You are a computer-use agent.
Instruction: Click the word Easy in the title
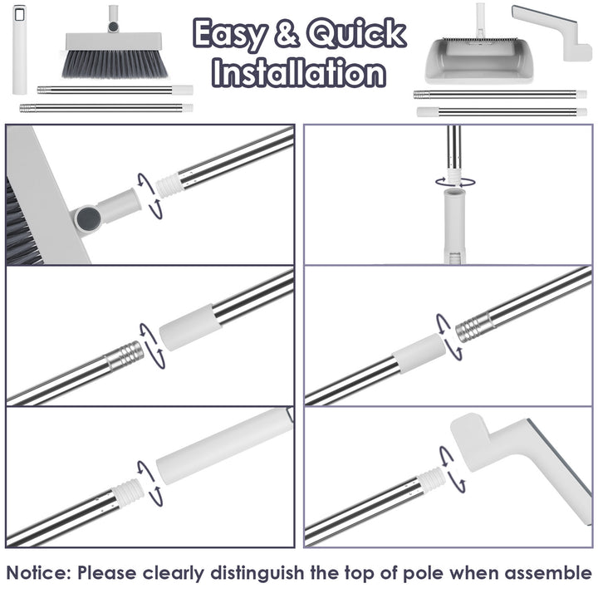click(x=233, y=35)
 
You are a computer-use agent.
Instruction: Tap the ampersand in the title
click(x=287, y=35)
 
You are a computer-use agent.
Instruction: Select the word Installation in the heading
click(x=299, y=72)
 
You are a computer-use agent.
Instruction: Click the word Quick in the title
click(x=356, y=35)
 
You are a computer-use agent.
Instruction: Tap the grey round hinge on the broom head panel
click(x=86, y=218)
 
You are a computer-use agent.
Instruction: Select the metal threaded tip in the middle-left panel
click(x=125, y=358)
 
